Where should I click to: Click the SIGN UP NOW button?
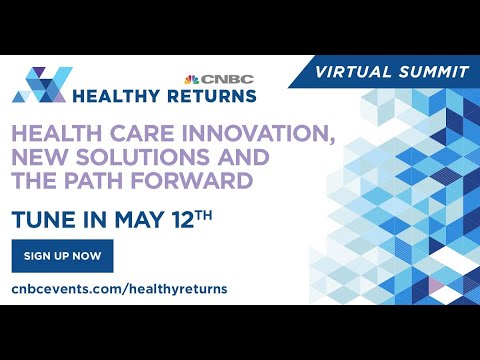tap(62, 256)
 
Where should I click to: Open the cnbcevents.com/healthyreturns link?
tap(120, 289)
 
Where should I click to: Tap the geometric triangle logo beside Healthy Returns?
tap(40, 85)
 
